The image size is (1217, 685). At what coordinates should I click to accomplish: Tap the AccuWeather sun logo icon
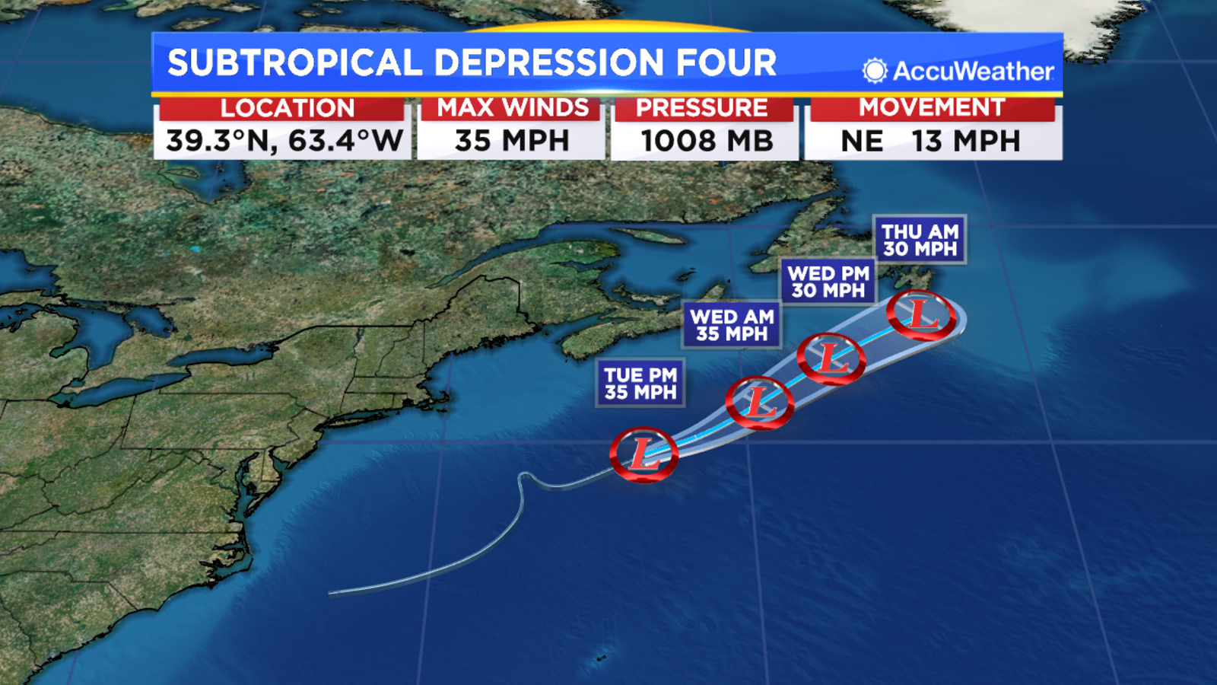coord(875,71)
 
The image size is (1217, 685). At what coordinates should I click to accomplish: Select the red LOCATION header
coord(287,108)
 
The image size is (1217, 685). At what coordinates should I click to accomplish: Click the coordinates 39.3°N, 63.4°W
coord(284,141)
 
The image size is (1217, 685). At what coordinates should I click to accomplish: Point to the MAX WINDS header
coord(513,108)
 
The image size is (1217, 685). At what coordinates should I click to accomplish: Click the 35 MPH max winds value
coord(512,141)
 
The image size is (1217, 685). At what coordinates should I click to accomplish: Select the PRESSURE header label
coord(701,108)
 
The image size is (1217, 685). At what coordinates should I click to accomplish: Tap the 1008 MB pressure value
coord(707,141)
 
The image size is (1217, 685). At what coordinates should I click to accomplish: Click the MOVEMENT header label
coord(932,107)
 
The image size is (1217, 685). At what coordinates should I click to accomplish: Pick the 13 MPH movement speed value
coord(966,141)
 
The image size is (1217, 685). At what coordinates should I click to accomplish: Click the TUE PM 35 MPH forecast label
coord(640,384)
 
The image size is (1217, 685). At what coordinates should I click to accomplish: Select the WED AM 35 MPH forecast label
coord(732,325)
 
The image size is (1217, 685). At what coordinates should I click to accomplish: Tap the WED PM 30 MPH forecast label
coord(828,282)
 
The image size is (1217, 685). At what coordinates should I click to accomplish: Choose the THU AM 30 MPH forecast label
coord(920,240)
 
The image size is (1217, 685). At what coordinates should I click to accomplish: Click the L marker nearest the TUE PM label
coord(643,454)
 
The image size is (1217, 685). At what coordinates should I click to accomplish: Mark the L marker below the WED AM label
coord(759,402)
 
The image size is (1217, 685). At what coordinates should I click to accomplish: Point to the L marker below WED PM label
coord(831,358)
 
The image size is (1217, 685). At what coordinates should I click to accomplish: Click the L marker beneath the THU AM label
coord(921,314)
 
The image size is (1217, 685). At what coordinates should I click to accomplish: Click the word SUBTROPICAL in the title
coord(294,62)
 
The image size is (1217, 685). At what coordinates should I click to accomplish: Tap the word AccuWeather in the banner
coord(973,72)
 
